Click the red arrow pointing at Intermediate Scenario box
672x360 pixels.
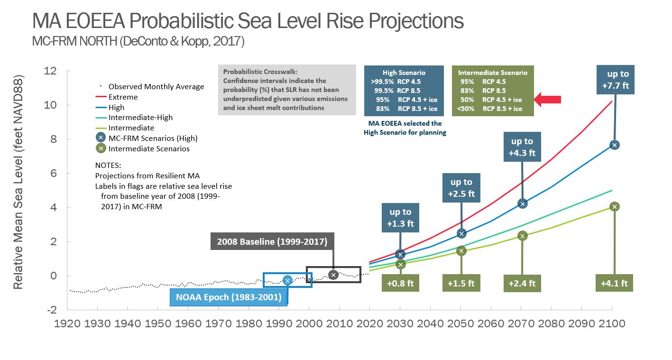(548, 100)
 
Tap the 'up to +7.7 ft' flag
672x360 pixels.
(618, 80)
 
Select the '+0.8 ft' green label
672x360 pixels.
(400, 283)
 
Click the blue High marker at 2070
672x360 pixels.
(523, 203)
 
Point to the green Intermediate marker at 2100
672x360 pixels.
(615, 206)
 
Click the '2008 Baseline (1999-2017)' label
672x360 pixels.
(272, 241)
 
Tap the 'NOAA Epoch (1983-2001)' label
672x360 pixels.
(229, 297)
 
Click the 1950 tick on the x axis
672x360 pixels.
(158, 324)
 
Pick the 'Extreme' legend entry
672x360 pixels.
(123, 97)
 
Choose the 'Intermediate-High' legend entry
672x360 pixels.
(140, 118)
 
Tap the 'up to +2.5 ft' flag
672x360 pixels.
(461, 188)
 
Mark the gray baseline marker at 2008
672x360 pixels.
(333, 275)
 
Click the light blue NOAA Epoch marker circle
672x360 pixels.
(287, 280)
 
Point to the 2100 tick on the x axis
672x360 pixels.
(611, 324)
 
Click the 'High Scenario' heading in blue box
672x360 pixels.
(404, 73)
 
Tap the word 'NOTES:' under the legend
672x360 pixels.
(108, 166)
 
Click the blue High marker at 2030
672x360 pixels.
(400, 255)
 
